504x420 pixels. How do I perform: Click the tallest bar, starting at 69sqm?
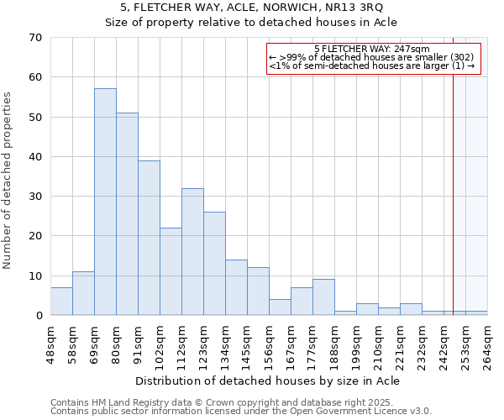click(105, 202)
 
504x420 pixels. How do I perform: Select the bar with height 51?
click(127, 214)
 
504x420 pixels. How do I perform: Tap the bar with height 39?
click(149, 238)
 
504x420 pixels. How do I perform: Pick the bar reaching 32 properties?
click(192, 252)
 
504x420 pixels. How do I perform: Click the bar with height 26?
click(214, 264)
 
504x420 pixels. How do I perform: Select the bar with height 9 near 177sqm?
click(323, 297)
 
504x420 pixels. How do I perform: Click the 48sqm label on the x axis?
click(55, 344)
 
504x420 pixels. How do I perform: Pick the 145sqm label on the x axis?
click(252, 344)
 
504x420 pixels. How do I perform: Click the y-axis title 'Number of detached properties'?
click(8, 181)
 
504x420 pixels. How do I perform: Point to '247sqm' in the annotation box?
click(412, 50)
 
